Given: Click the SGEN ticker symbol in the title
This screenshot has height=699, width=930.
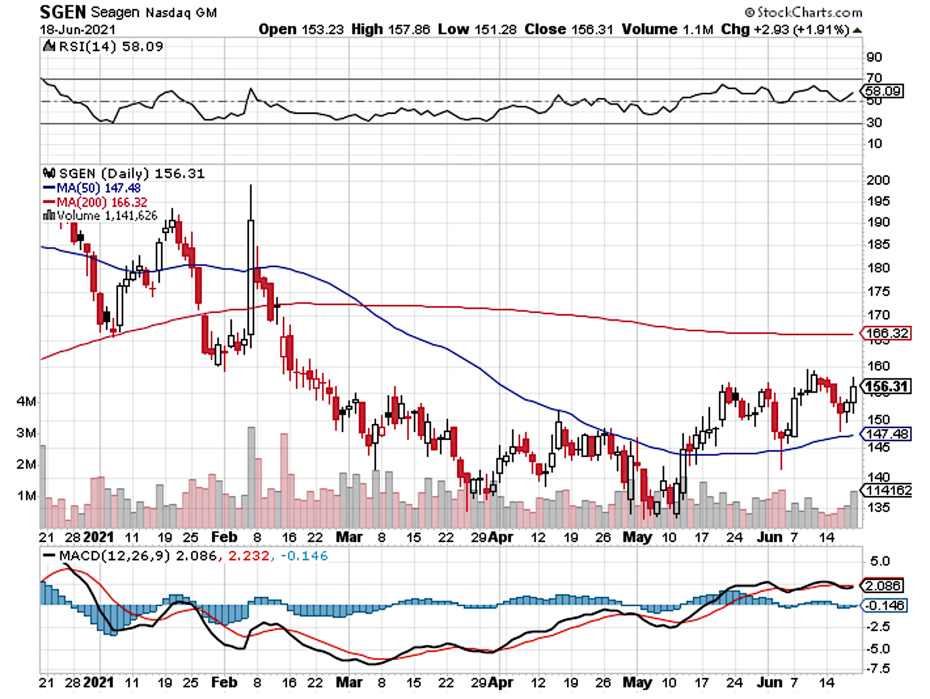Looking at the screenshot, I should pyautogui.click(x=63, y=12).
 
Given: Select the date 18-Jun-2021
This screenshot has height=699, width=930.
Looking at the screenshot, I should pyautogui.click(x=77, y=29).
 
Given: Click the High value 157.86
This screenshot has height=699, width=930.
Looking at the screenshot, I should pyautogui.click(x=390, y=29).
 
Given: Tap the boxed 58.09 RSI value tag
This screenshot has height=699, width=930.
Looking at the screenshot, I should pyautogui.click(x=883, y=91).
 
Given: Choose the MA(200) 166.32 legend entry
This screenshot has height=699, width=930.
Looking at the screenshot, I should pyautogui.click(x=95, y=202).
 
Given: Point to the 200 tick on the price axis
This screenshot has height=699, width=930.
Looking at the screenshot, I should pyautogui.click(x=878, y=180).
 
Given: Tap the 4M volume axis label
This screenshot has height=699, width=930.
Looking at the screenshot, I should pyautogui.click(x=26, y=401).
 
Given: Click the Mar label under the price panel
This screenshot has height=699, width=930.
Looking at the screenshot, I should pyautogui.click(x=348, y=537).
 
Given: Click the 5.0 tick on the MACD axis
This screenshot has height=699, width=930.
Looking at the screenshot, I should pyautogui.click(x=880, y=561).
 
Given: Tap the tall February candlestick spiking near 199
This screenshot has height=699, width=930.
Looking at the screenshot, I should pyautogui.click(x=250, y=275).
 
